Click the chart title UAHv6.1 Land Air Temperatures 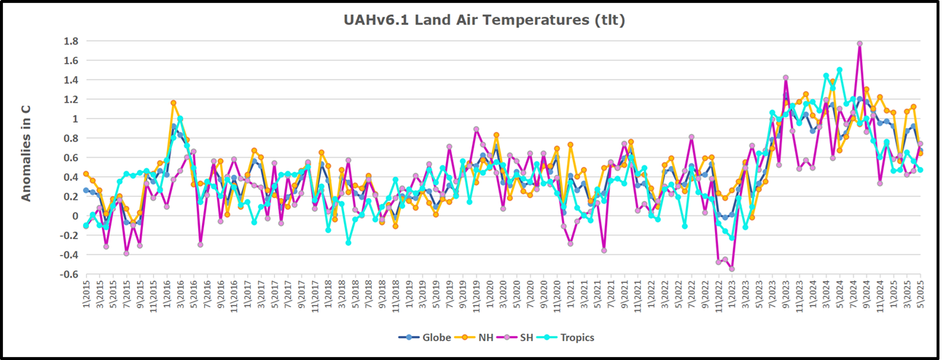[x=484, y=20]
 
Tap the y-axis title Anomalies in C [x=26, y=152]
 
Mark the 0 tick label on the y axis [x=72, y=216]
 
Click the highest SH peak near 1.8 [x=860, y=44]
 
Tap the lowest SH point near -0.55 [x=732, y=269]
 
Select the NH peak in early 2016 [x=173, y=103]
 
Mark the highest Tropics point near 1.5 [x=840, y=70]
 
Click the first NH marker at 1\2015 [x=86, y=173]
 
